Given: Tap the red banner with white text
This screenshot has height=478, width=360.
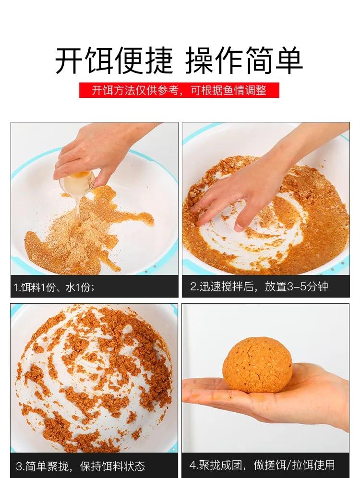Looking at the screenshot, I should (x=179, y=90).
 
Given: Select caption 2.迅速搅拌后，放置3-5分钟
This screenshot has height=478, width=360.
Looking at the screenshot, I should (x=259, y=287).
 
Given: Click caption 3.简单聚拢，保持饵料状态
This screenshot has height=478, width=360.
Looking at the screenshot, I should (x=80, y=466).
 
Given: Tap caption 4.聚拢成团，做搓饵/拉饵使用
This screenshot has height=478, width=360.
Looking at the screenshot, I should (x=262, y=465).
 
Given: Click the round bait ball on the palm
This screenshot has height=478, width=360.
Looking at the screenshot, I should (x=257, y=365).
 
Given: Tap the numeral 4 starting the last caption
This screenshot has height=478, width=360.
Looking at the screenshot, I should (x=192, y=465).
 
